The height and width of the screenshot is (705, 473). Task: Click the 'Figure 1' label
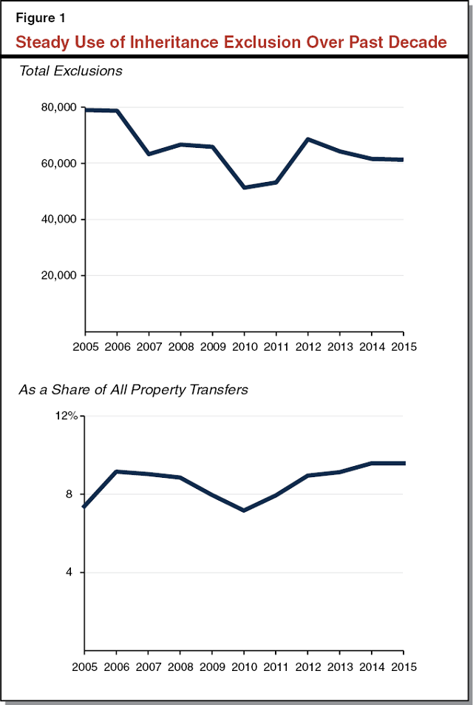tap(41, 18)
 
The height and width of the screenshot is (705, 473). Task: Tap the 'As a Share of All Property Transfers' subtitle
tap(133, 389)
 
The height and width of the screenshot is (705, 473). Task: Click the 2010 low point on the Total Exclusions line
tap(244, 187)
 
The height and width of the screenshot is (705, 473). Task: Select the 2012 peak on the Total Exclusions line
tap(307, 139)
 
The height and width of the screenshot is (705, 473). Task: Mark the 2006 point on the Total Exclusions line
tap(117, 111)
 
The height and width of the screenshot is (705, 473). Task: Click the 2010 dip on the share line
tap(244, 510)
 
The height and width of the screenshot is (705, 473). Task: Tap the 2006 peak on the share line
tap(117, 471)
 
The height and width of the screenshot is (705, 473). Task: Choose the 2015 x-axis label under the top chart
tap(403, 345)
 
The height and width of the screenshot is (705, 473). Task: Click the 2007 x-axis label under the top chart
tap(149, 345)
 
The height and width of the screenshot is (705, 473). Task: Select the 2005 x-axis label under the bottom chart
tap(85, 667)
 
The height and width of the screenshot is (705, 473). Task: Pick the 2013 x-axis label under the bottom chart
tap(339, 667)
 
